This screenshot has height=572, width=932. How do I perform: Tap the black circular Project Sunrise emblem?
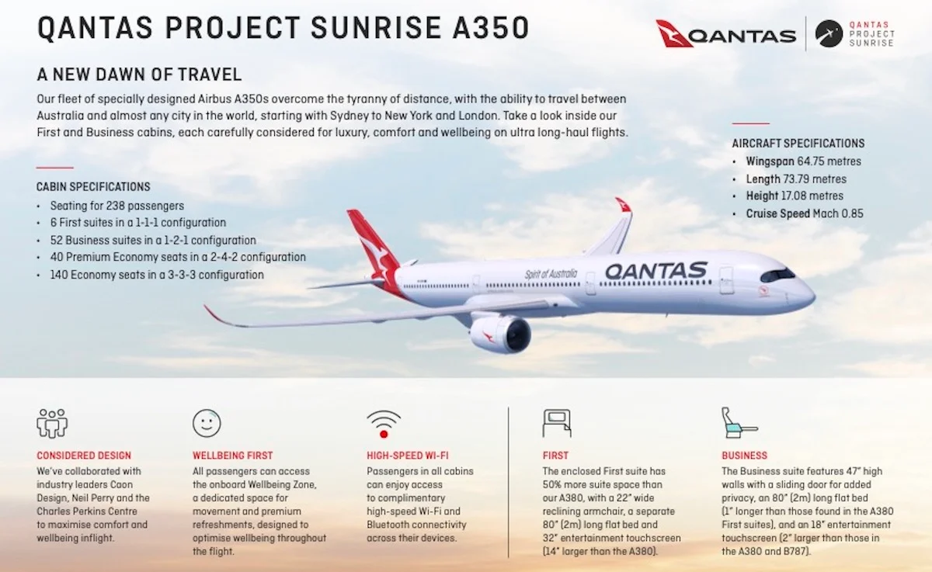coord(829,33)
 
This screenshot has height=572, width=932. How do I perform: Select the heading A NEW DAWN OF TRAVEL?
coord(139,75)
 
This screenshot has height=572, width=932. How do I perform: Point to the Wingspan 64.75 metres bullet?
coord(803,161)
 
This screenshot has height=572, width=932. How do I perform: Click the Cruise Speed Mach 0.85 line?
coord(805,213)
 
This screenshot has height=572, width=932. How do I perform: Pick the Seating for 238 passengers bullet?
coord(117,206)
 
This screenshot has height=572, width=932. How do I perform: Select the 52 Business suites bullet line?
coord(153,241)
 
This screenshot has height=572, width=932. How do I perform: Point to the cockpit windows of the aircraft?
coord(777,275)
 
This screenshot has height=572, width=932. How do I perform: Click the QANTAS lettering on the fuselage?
coord(656,271)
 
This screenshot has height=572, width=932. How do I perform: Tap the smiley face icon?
coord(207,423)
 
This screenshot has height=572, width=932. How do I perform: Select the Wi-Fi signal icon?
coord(384,424)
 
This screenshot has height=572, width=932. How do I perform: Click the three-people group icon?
coord(52,423)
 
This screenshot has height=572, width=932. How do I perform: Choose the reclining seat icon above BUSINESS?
coord(739,422)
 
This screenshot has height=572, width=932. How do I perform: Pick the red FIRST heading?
coord(555,456)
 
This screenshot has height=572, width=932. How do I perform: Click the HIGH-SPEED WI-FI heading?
coord(408,456)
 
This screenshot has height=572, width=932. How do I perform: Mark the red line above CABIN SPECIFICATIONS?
coord(55,168)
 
